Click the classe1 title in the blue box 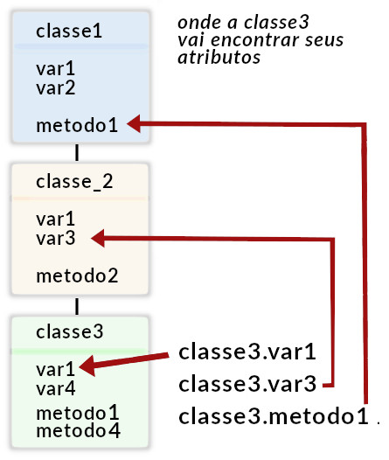pyautogui.click(x=69, y=31)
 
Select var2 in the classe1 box pyautogui.click(x=56, y=88)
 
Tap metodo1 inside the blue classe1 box pyautogui.click(x=77, y=125)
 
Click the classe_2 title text pyautogui.click(x=74, y=182)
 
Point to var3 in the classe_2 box pyautogui.click(x=56, y=238)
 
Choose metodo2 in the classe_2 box pyautogui.click(x=77, y=276)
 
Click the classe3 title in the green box pyautogui.click(x=69, y=332)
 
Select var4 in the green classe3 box pyautogui.click(x=56, y=388)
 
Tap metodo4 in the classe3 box pyautogui.click(x=78, y=430)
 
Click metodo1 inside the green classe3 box pyautogui.click(x=78, y=413)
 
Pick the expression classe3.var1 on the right pyautogui.click(x=247, y=352)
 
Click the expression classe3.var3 pyautogui.click(x=247, y=384)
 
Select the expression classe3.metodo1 pyautogui.click(x=274, y=416)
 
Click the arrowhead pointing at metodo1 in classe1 pyautogui.click(x=134, y=123)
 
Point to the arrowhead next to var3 pyautogui.click(x=98, y=238)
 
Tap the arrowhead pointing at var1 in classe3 pyautogui.click(x=87, y=366)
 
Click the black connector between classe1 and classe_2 pyautogui.click(x=77, y=152)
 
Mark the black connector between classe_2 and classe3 pyautogui.click(x=77, y=306)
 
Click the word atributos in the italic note pyautogui.click(x=219, y=57)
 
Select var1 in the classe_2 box pyautogui.click(x=56, y=220)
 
